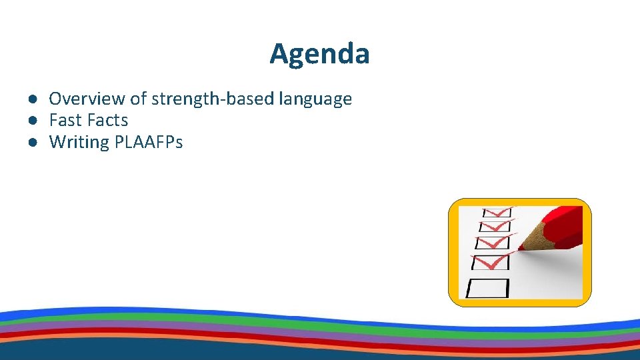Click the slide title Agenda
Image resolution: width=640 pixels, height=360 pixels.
[x=319, y=53]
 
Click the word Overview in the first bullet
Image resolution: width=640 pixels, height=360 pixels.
[x=87, y=99]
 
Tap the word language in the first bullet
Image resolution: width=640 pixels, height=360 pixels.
[x=315, y=99]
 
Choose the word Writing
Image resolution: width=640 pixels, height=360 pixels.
[x=79, y=142]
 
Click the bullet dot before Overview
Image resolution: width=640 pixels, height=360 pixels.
[x=31, y=99]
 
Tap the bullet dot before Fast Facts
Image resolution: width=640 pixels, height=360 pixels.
[x=31, y=121]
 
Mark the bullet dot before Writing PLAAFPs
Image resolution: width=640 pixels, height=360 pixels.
[x=31, y=142]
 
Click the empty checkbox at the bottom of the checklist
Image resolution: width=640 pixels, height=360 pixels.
[x=487, y=287]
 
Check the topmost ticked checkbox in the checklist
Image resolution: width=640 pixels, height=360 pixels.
[x=497, y=211]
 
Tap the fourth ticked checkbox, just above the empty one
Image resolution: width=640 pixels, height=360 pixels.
[x=491, y=262]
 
